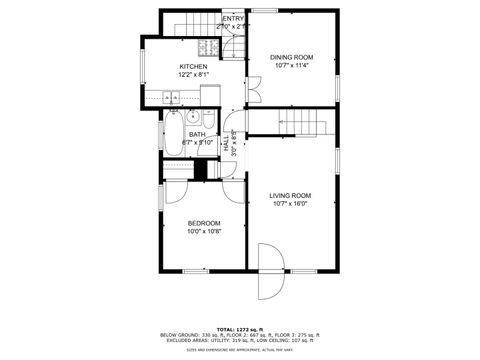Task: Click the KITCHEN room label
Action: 193,66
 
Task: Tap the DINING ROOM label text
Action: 291,58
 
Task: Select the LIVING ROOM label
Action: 291,196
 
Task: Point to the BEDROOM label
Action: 203,223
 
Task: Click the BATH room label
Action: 197,135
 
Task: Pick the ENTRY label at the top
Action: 233,19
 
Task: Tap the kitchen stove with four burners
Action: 208,47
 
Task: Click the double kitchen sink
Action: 171,98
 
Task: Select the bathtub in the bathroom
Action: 173,137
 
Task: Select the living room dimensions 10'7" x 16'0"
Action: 291,205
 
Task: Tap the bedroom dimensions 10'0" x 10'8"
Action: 203,232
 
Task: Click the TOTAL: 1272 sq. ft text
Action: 239,329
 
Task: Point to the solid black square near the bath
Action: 200,170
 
